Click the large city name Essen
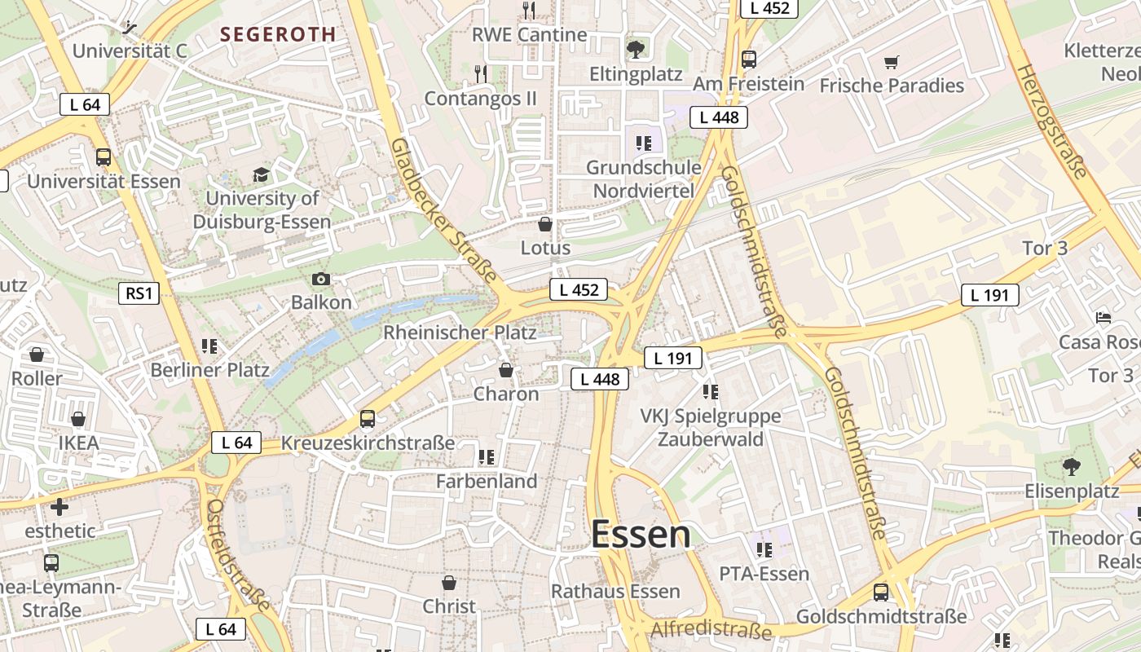click(x=641, y=535)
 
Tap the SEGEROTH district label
click(x=278, y=34)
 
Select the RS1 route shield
click(x=139, y=293)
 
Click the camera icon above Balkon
click(x=321, y=280)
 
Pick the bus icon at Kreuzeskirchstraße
click(x=368, y=419)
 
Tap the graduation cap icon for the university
click(x=261, y=175)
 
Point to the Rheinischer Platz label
click(x=460, y=333)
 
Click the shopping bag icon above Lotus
click(x=545, y=224)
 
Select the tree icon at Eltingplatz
click(x=636, y=50)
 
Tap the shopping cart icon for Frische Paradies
click(x=892, y=62)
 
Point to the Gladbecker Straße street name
click(x=443, y=209)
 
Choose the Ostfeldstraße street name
click(x=238, y=554)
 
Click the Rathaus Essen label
click(x=615, y=591)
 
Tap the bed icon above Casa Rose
click(x=1104, y=317)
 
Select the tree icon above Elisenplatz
click(x=1071, y=467)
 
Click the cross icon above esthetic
click(x=59, y=507)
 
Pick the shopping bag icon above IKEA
click(x=78, y=419)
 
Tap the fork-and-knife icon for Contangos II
click(x=481, y=74)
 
